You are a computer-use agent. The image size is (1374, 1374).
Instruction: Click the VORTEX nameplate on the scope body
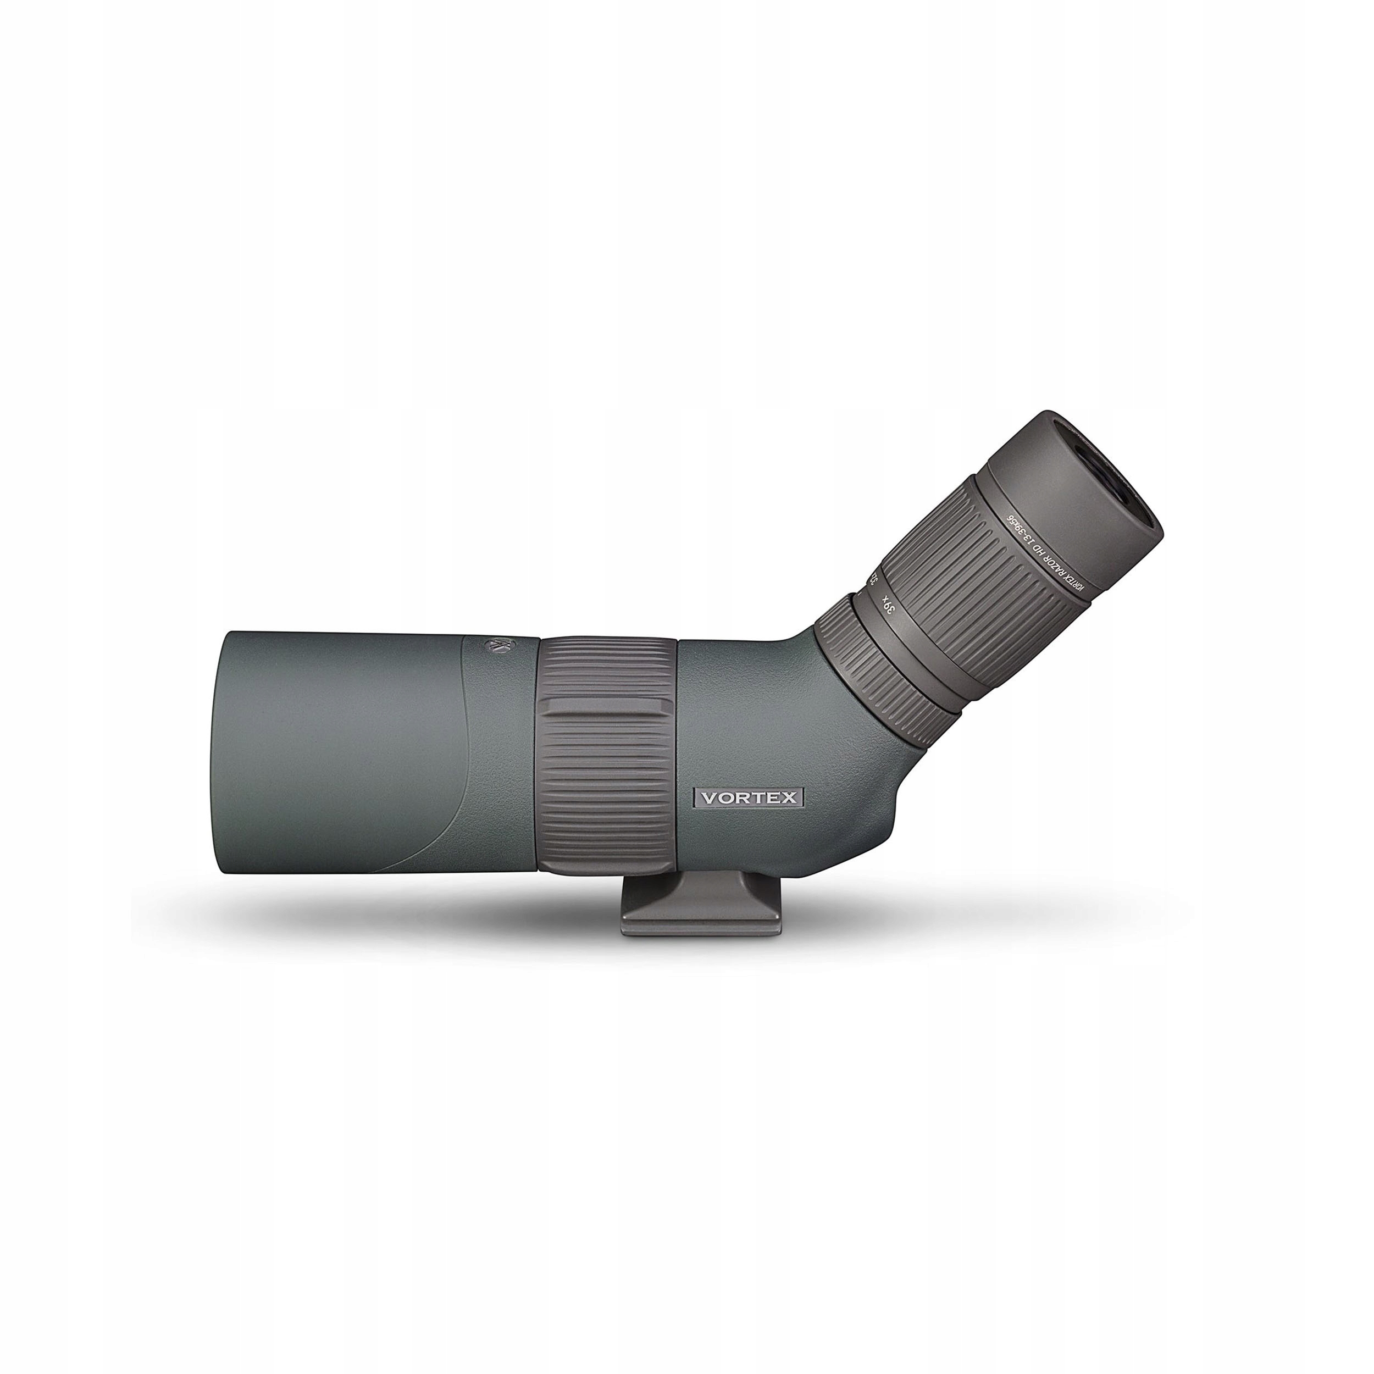pyautogui.click(x=749, y=797)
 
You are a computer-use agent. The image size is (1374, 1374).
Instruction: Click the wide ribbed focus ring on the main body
pyautogui.click(x=608, y=754)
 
